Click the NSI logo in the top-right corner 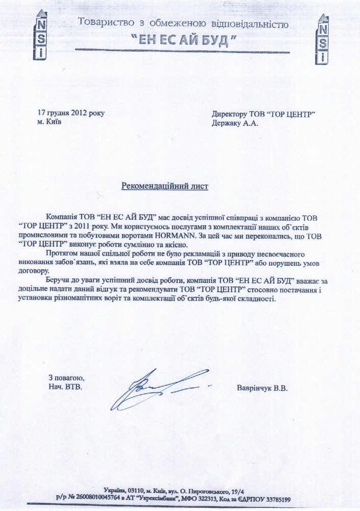[x=323, y=38]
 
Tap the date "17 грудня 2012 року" [x=71, y=113]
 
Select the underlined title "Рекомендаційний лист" [x=164, y=186]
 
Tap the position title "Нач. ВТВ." [x=65, y=387]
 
